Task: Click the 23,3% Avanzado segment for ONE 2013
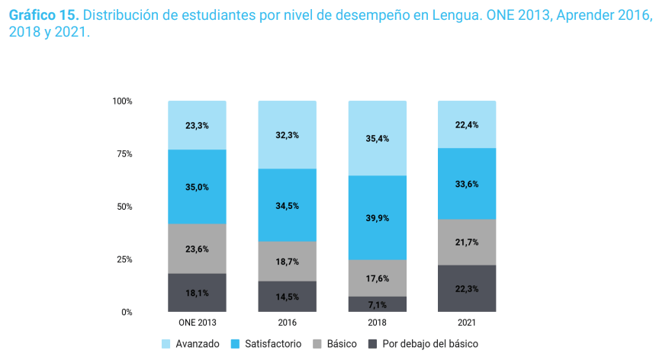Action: (197, 125)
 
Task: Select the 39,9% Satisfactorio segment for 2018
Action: (377, 217)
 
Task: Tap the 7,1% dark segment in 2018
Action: (377, 304)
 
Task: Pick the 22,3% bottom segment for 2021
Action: (466, 288)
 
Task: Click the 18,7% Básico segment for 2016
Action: (287, 261)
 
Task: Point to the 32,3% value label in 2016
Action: (287, 135)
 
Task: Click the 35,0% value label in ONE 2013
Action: (197, 187)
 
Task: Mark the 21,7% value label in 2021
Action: (466, 243)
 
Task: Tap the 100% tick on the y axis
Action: (122, 101)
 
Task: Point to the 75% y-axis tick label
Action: (124, 154)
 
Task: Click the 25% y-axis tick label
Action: (124, 259)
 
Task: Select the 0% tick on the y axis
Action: (127, 312)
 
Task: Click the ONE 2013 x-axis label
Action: (197, 323)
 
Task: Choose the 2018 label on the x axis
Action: (377, 323)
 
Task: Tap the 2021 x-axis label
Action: (466, 323)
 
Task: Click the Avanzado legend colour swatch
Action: (166, 344)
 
